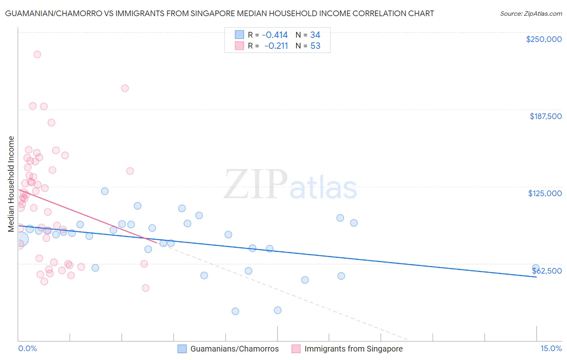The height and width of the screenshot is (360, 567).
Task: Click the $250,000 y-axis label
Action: click(x=544, y=39)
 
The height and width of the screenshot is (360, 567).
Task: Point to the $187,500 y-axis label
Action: click(x=545, y=116)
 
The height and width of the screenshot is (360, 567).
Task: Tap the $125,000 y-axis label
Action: click(x=545, y=193)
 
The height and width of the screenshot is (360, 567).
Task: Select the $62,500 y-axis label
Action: click(x=547, y=271)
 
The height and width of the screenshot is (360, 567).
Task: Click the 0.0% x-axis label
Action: click(x=27, y=348)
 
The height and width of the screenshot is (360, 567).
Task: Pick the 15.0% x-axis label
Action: click(x=551, y=348)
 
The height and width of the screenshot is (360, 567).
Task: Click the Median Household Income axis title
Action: click(x=11, y=184)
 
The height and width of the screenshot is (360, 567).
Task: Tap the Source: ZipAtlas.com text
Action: click(x=531, y=13)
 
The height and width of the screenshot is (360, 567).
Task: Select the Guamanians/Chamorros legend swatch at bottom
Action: click(x=182, y=349)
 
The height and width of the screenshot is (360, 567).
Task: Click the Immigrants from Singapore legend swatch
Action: click(x=296, y=349)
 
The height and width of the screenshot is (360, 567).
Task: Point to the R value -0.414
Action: click(x=275, y=35)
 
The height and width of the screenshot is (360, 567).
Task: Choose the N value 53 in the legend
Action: click(x=315, y=46)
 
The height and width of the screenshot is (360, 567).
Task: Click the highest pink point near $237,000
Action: click(x=37, y=54)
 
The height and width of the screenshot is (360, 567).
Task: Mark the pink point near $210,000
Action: click(x=125, y=88)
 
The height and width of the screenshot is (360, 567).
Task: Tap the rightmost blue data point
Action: click(x=536, y=268)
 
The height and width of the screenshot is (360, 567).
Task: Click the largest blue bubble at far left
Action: click(x=21, y=239)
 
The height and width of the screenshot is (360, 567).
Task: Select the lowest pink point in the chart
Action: click(x=146, y=288)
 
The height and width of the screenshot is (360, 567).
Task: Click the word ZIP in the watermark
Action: click(x=255, y=185)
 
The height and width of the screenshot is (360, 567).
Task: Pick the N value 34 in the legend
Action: click(x=315, y=35)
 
